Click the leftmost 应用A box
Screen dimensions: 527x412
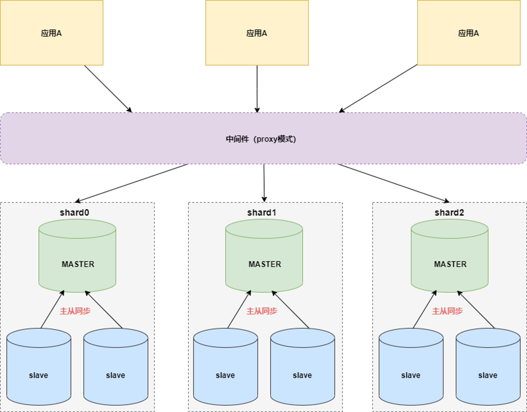(x=52, y=33)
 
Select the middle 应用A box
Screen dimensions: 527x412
(x=257, y=33)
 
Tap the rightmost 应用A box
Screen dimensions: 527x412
(x=469, y=33)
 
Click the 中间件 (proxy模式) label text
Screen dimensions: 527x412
(x=261, y=139)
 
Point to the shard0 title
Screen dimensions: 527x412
(x=75, y=212)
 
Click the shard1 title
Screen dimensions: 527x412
(x=262, y=212)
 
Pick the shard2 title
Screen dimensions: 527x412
(x=449, y=212)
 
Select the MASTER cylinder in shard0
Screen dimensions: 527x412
(x=77, y=256)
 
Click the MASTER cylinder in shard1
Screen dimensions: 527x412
(x=264, y=256)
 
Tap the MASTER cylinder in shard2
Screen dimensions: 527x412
(x=450, y=256)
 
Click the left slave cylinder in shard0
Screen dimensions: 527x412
(x=39, y=367)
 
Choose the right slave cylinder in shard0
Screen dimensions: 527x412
(x=116, y=367)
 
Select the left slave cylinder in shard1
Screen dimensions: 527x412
(x=226, y=367)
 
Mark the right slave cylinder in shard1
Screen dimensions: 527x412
(x=302, y=367)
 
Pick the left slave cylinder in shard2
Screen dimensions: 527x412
(x=411, y=367)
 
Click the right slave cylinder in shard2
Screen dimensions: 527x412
(x=488, y=367)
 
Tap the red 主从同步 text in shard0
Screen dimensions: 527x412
(x=75, y=311)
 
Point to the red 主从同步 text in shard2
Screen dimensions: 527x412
(x=447, y=311)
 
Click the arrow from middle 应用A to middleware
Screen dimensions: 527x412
(x=257, y=89)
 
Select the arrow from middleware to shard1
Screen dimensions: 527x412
(x=264, y=183)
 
